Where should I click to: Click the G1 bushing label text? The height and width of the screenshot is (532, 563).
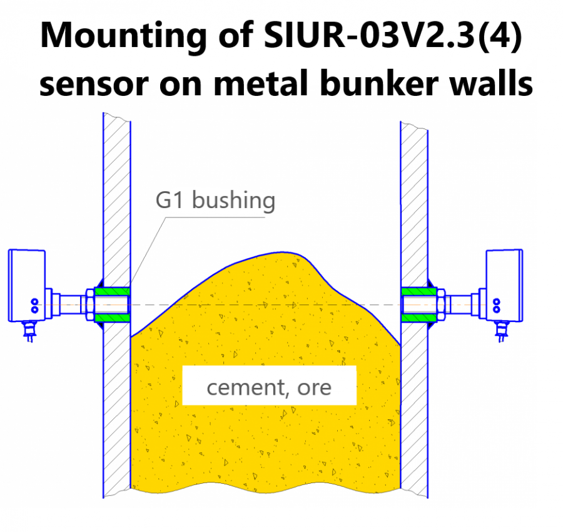pos(215,200)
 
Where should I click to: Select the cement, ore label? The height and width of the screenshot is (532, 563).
pos(269,387)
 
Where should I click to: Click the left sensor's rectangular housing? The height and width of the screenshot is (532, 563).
pos(27,285)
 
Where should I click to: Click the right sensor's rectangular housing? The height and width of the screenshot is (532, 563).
pos(504,285)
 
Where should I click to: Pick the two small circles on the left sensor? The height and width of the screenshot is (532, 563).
pos(35,305)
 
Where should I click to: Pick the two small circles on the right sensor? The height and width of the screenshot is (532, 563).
pos(497,305)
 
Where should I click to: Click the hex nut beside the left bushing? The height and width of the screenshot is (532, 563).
pos(90,305)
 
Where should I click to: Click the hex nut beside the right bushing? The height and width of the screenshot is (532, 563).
pos(441,305)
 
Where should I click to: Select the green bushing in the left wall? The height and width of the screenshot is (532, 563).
pos(112,305)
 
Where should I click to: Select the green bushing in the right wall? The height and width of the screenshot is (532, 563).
pos(419,305)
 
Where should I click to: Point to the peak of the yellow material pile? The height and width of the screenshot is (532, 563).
pos(282,253)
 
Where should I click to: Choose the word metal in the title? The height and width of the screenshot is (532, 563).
pos(261,83)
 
